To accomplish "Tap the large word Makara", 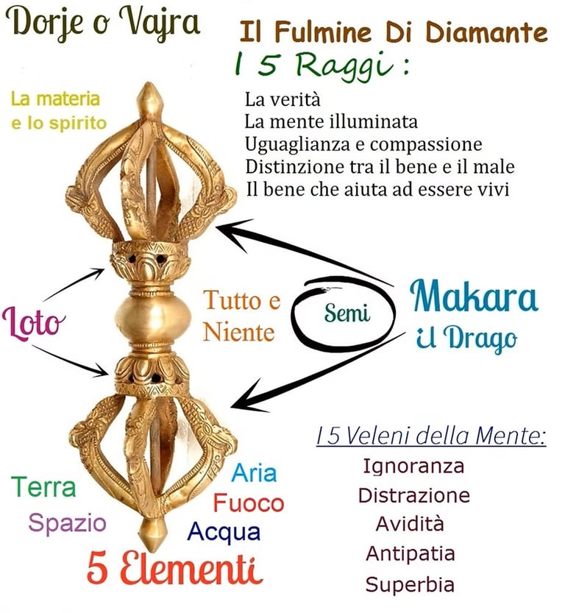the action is click(474, 296).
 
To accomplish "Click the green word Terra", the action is click(43, 486).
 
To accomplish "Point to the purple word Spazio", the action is click(67, 523).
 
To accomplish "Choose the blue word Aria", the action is click(255, 472).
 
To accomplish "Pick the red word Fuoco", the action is click(249, 503).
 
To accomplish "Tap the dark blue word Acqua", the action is click(224, 531).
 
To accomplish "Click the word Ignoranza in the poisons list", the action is click(413, 466).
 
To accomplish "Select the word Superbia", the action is click(410, 585).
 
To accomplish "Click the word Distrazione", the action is click(413, 495).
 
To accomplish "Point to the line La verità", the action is click(282, 98).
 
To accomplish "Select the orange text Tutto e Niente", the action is click(241, 316).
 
